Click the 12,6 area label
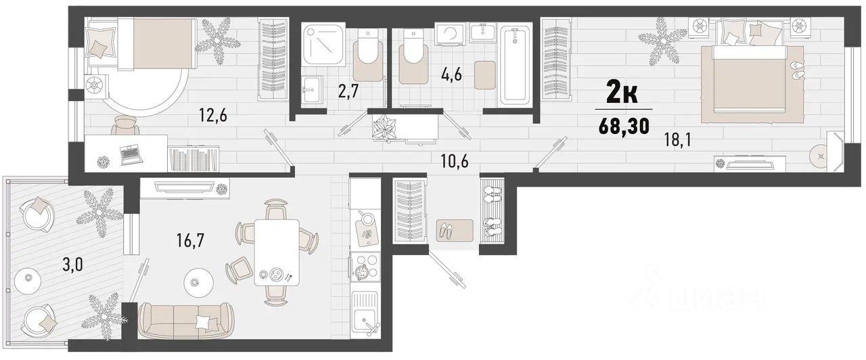pyautogui.click(x=212, y=115)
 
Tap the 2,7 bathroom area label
pyautogui.click(x=348, y=92)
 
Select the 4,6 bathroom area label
pyautogui.click(x=451, y=74)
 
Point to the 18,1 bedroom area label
pyautogui.click(x=677, y=139)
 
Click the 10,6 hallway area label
pyautogui.click(x=455, y=160)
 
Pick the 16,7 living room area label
pyautogui.click(x=190, y=240)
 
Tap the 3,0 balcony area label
pyautogui.click(x=72, y=265)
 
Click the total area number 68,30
pyautogui.click(x=624, y=127)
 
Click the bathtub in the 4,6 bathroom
pyautogui.click(x=516, y=64)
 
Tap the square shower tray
pyautogui.click(x=323, y=45)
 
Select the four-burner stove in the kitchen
pyautogui.click(x=365, y=267)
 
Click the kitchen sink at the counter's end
pyautogui.click(x=365, y=315)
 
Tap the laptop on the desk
pyautogui.click(x=131, y=154)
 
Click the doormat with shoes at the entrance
pyautogui.click(x=455, y=231)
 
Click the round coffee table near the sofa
pyautogui.click(x=199, y=282)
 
